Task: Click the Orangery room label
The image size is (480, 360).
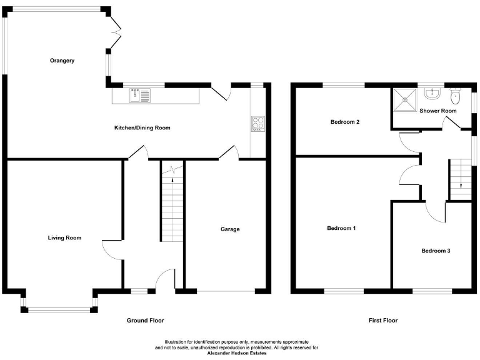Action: pos(62,61)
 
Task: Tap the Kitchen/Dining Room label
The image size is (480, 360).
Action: pos(142,127)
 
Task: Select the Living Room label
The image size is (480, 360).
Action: pos(65,237)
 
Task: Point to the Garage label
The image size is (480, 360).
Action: pos(229,229)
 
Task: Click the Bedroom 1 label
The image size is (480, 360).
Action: pos(341,228)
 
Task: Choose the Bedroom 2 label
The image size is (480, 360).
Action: pos(345,122)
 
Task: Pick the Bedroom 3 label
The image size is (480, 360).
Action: pos(436,251)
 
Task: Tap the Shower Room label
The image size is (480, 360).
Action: pos(437,111)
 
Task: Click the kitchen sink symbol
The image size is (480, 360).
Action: pos(140,96)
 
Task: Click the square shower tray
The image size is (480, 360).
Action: pos(404,96)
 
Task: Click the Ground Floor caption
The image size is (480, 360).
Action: pos(145,321)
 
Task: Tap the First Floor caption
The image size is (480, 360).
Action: pos(382,321)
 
